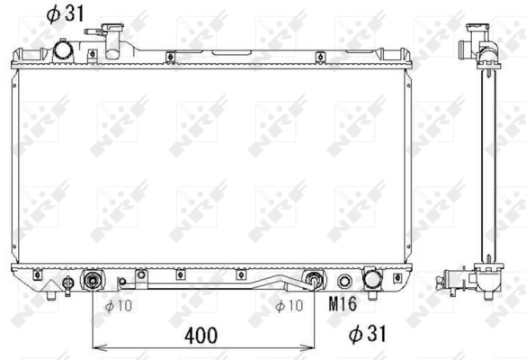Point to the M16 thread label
click(343, 306)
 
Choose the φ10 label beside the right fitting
click(290, 306)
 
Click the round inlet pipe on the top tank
click(64, 50)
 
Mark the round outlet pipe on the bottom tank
click(370, 280)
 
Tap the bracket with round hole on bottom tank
click(139, 275)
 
